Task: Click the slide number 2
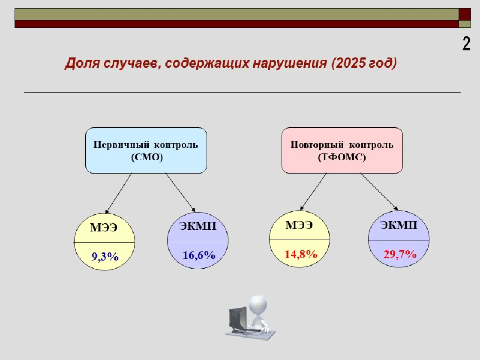(x=466, y=44)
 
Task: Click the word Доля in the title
(x=82, y=63)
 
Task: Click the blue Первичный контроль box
(x=146, y=151)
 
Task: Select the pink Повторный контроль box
(x=342, y=151)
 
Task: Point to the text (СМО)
(x=147, y=157)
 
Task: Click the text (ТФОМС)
(x=342, y=157)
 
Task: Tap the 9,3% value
(x=105, y=256)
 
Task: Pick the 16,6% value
(x=199, y=255)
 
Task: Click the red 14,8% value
(x=301, y=254)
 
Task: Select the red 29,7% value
(x=400, y=254)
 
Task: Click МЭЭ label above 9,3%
(x=103, y=228)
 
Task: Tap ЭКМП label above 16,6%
(x=198, y=226)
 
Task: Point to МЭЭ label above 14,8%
(x=299, y=225)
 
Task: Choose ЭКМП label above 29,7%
(x=399, y=225)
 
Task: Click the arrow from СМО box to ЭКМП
(x=180, y=193)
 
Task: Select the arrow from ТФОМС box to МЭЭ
(x=313, y=192)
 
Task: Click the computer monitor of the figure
(x=238, y=319)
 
